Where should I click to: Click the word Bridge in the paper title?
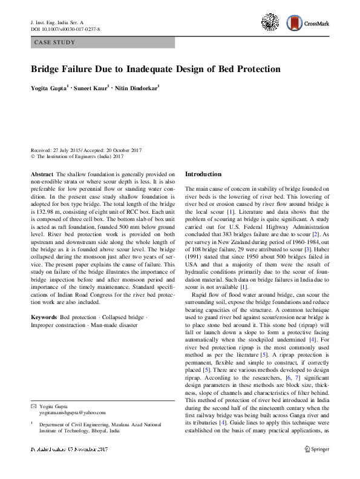tap(49, 68)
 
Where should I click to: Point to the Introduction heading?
tap(203, 174)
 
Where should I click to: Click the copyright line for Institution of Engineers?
tap(77, 156)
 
